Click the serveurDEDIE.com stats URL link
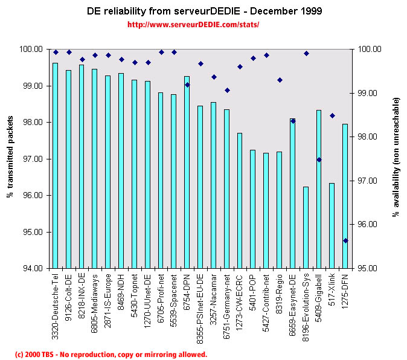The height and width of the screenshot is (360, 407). coord(193,25)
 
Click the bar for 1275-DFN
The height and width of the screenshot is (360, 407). coord(345,196)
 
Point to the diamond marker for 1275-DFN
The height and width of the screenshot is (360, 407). coord(345,240)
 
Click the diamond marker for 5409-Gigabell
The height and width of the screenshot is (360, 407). coord(319,159)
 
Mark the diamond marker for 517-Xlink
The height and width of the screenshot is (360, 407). coord(332,115)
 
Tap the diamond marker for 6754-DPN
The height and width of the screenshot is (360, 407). coord(187,85)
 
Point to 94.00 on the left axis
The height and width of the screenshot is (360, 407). coord(32,268)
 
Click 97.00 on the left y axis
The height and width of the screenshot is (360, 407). coord(32,159)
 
